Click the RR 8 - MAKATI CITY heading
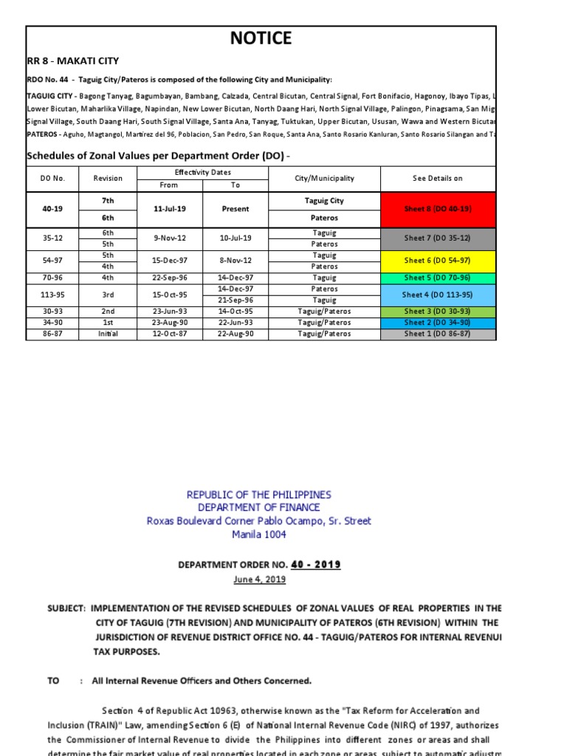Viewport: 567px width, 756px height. pyautogui.click(x=72, y=61)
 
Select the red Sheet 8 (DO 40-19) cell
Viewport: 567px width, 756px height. pyautogui.click(x=438, y=209)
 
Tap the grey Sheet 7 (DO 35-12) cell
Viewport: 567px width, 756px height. pyautogui.click(x=438, y=238)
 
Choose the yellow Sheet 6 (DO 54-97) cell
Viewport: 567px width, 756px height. pyautogui.click(x=438, y=261)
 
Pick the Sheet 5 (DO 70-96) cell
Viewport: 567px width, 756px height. pyautogui.click(x=438, y=278)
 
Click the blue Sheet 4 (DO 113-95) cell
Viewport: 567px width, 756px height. pyautogui.click(x=438, y=295)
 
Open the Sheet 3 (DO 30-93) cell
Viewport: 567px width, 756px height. pyautogui.click(x=438, y=312)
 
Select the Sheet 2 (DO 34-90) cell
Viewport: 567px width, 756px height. pyautogui.click(x=438, y=323)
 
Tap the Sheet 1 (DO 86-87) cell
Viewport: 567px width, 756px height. pyautogui.click(x=438, y=334)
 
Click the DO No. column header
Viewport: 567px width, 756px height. pyautogui.click(x=52, y=179)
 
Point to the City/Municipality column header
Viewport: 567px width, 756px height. pyautogui.click(x=324, y=179)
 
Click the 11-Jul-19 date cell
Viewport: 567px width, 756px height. pyautogui.click(x=169, y=209)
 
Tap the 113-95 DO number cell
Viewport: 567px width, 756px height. pyautogui.click(x=52, y=295)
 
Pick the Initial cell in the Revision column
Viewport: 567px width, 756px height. pyautogui.click(x=108, y=334)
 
